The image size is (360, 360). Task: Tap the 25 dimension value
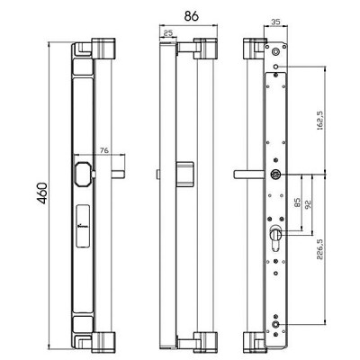point(168,33)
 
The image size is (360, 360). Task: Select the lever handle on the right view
point(250,172)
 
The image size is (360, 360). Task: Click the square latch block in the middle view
point(187,173)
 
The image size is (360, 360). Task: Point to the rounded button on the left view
point(84,174)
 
